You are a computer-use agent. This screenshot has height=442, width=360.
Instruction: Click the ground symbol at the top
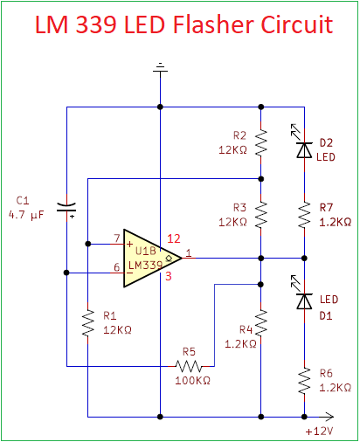coord(160,68)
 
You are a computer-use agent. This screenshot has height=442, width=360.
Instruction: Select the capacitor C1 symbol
coord(66,208)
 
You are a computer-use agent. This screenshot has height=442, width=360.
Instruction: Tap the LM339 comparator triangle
coord(153,258)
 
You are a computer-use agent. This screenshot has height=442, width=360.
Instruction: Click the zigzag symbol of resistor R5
coord(189,366)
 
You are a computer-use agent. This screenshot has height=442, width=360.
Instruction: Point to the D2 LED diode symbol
coord(303,147)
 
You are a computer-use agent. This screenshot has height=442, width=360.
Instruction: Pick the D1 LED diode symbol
coord(303,299)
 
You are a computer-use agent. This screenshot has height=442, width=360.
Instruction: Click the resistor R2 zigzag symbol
coord(261,143)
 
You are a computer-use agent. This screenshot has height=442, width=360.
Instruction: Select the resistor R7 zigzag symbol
coord(304,215)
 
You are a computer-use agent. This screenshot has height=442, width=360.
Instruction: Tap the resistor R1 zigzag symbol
coord(87,323)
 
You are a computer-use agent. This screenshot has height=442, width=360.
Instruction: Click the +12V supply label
coord(319,432)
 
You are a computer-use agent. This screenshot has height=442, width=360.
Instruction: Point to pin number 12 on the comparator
coord(174,238)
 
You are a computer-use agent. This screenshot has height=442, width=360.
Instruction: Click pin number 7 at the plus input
coord(117,238)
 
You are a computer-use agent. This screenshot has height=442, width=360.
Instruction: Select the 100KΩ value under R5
coord(192,380)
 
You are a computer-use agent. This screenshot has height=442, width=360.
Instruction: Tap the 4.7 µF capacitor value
coord(26,215)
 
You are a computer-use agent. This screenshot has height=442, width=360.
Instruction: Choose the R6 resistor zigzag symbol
coord(304,381)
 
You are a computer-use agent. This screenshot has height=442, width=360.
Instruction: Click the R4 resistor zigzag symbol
coord(261,323)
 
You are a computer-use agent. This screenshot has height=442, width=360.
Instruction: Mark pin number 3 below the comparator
coord(169,276)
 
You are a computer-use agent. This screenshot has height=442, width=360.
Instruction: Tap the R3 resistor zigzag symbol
coord(261,215)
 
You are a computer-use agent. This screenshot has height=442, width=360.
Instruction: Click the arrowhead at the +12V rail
coord(329,417)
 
